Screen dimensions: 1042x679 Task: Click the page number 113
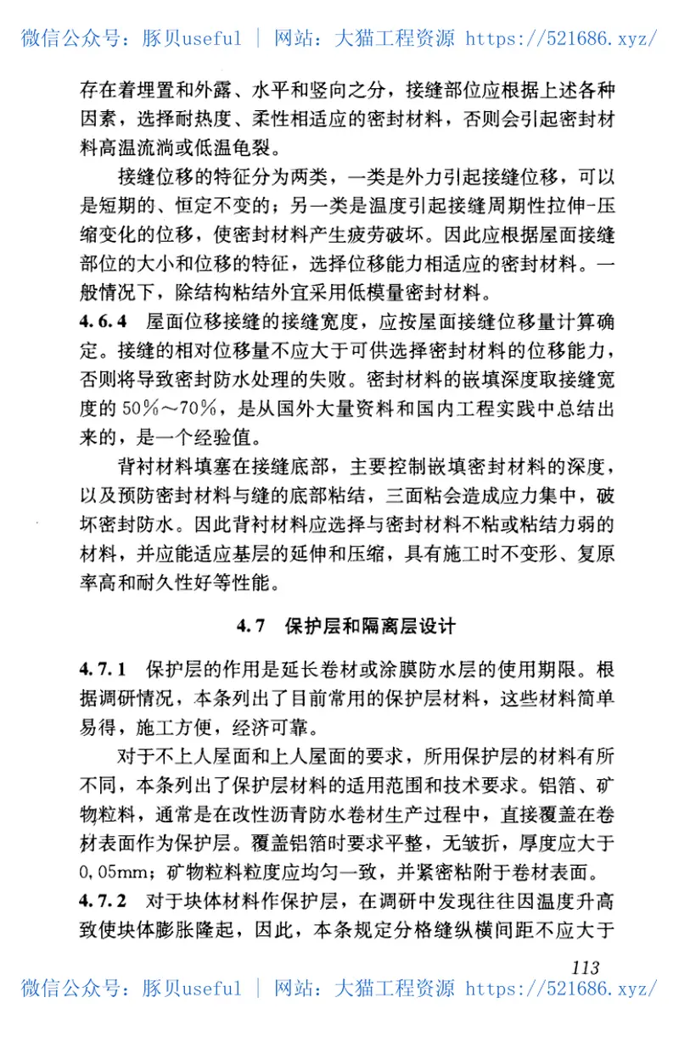coord(586,967)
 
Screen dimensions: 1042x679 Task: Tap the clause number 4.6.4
coord(103,323)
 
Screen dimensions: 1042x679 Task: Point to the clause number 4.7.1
coord(103,669)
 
